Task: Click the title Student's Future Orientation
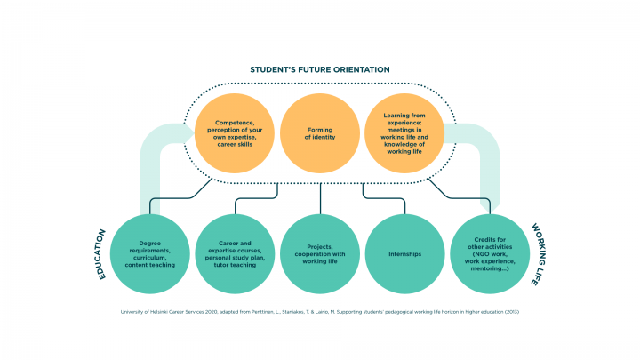[320, 69]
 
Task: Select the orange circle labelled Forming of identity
[320, 134]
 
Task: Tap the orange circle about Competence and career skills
[233, 134]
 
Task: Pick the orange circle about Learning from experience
[404, 134]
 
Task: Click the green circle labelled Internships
[404, 253]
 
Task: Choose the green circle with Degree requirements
[150, 253]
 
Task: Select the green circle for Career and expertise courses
[235, 253]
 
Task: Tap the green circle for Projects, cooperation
[320, 253]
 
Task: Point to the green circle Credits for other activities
[490, 253]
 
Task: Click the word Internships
[404, 253]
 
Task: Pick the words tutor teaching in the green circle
[235, 264]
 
